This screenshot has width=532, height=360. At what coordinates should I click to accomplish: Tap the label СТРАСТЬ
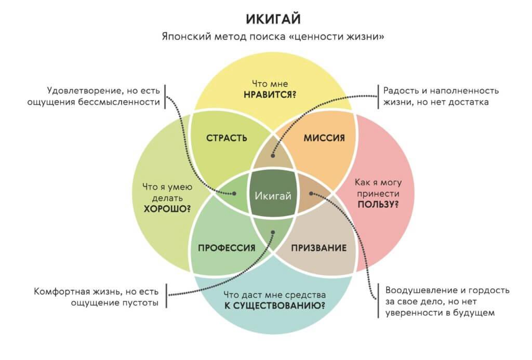click(x=227, y=138)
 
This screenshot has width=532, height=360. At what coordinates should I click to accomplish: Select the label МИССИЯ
click(x=324, y=138)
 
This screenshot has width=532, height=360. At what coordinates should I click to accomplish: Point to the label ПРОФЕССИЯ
click(x=227, y=248)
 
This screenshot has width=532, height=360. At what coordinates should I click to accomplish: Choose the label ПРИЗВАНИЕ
click(x=318, y=248)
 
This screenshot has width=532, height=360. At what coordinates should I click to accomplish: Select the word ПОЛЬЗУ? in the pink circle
click(x=378, y=204)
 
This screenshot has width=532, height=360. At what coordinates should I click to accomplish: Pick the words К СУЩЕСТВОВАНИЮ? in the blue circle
click(x=275, y=305)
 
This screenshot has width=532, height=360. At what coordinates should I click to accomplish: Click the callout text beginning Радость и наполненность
click(x=441, y=96)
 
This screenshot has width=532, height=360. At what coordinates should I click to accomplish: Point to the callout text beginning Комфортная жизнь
click(x=97, y=296)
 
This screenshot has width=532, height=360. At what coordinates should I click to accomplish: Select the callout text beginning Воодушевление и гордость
click(x=444, y=301)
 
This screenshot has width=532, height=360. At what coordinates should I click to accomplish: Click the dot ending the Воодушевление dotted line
click(x=312, y=193)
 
